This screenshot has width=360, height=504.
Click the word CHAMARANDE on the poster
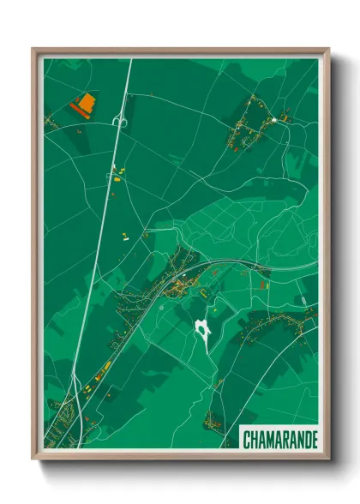[279, 440]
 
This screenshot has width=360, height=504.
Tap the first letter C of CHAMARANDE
[248, 440]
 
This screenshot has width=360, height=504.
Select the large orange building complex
[84, 105]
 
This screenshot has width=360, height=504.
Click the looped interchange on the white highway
[119, 122]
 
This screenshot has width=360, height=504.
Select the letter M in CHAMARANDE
[267, 440]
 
